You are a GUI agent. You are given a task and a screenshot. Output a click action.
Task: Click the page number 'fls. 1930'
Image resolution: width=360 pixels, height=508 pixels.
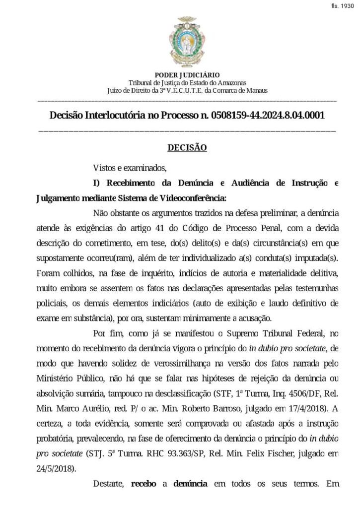pyautogui.click(x=343, y=7)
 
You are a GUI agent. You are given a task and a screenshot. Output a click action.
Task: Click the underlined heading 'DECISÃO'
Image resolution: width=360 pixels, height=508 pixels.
pyautogui.click(x=187, y=147)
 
